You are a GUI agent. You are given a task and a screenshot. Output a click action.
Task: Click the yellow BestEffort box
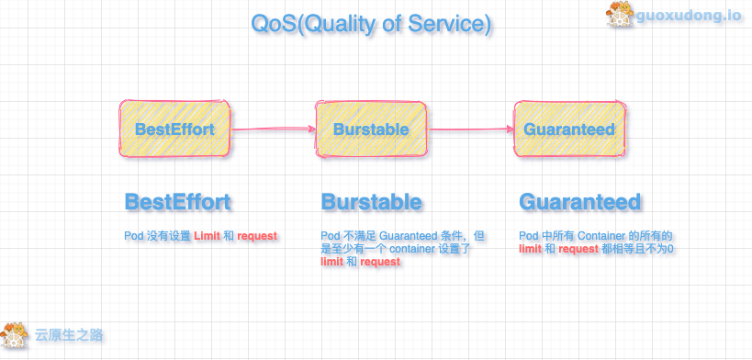(x=174, y=129)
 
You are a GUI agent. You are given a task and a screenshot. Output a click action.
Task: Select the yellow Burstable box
(x=371, y=129)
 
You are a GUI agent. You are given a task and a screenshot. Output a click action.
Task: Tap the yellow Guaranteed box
(x=570, y=129)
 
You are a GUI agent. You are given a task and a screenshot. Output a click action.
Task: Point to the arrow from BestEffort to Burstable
(x=273, y=129)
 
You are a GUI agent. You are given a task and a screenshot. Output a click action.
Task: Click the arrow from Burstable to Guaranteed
(x=470, y=129)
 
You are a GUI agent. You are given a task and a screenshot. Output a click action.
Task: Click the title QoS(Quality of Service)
(x=371, y=23)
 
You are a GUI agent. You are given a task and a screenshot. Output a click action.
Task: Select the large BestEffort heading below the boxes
(x=177, y=202)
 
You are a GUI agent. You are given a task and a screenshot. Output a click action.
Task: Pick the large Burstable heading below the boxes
(x=371, y=202)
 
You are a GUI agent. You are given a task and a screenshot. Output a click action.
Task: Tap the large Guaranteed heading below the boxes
(x=579, y=202)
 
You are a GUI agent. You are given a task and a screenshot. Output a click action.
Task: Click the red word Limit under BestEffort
(x=208, y=236)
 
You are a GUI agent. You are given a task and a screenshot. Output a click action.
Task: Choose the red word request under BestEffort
(x=257, y=236)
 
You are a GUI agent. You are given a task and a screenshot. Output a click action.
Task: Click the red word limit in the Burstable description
(x=331, y=262)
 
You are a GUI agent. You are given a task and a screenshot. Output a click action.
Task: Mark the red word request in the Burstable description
(x=380, y=262)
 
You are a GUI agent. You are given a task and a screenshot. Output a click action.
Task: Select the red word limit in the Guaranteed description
(x=531, y=249)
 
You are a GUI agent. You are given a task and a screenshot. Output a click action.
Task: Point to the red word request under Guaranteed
(x=578, y=249)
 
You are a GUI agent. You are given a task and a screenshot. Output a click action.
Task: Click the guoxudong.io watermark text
(x=689, y=16)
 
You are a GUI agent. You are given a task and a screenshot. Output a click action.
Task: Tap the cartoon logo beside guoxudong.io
(x=621, y=15)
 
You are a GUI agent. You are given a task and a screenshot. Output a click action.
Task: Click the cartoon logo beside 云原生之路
(x=15, y=334)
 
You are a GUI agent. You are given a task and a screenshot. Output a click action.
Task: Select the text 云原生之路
(x=69, y=334)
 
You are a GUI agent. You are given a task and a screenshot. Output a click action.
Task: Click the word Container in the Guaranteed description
(x=600, y=236)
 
